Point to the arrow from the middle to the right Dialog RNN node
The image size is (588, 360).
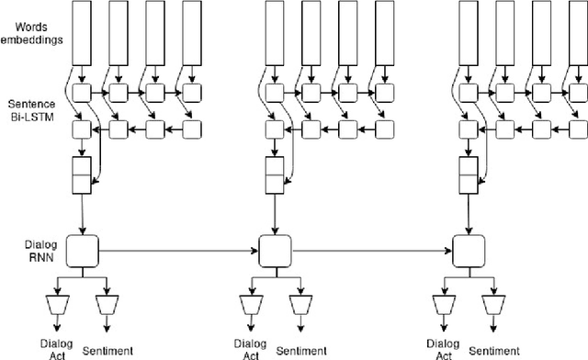click(372, 248)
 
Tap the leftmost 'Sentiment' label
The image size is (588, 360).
click(108, 350)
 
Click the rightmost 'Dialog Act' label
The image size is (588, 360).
click(445, 351)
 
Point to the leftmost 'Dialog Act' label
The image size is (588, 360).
click(56, 351)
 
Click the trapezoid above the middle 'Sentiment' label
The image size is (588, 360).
click(300, 303)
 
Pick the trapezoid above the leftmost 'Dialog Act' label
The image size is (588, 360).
click(56, 303)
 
